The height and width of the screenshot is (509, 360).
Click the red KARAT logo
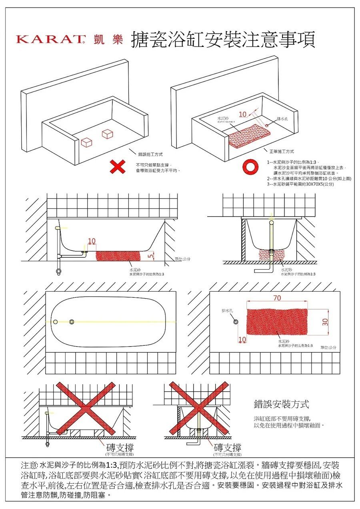51,40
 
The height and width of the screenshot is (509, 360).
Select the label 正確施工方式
282,152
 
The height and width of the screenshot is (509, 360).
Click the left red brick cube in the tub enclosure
87,142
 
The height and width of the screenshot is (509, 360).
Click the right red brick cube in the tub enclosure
108,134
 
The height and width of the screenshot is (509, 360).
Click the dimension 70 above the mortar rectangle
277,298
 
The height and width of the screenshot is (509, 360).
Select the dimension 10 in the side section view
92,241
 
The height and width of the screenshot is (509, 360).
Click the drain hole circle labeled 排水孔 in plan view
236,321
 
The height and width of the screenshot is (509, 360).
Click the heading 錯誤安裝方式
282,404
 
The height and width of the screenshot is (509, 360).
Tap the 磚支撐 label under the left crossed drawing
119,447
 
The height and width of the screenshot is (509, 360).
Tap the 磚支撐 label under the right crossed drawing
227,447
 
